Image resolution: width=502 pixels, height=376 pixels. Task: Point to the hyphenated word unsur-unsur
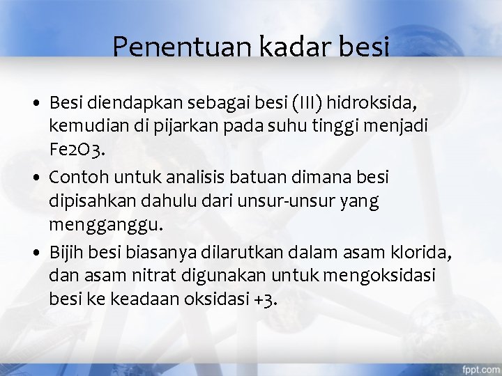pos(294,202)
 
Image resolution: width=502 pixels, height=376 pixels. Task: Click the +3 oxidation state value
pos(266,300)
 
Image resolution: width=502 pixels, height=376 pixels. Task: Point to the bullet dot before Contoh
pos(35,178)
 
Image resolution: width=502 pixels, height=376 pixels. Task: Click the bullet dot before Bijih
pos(35,252)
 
